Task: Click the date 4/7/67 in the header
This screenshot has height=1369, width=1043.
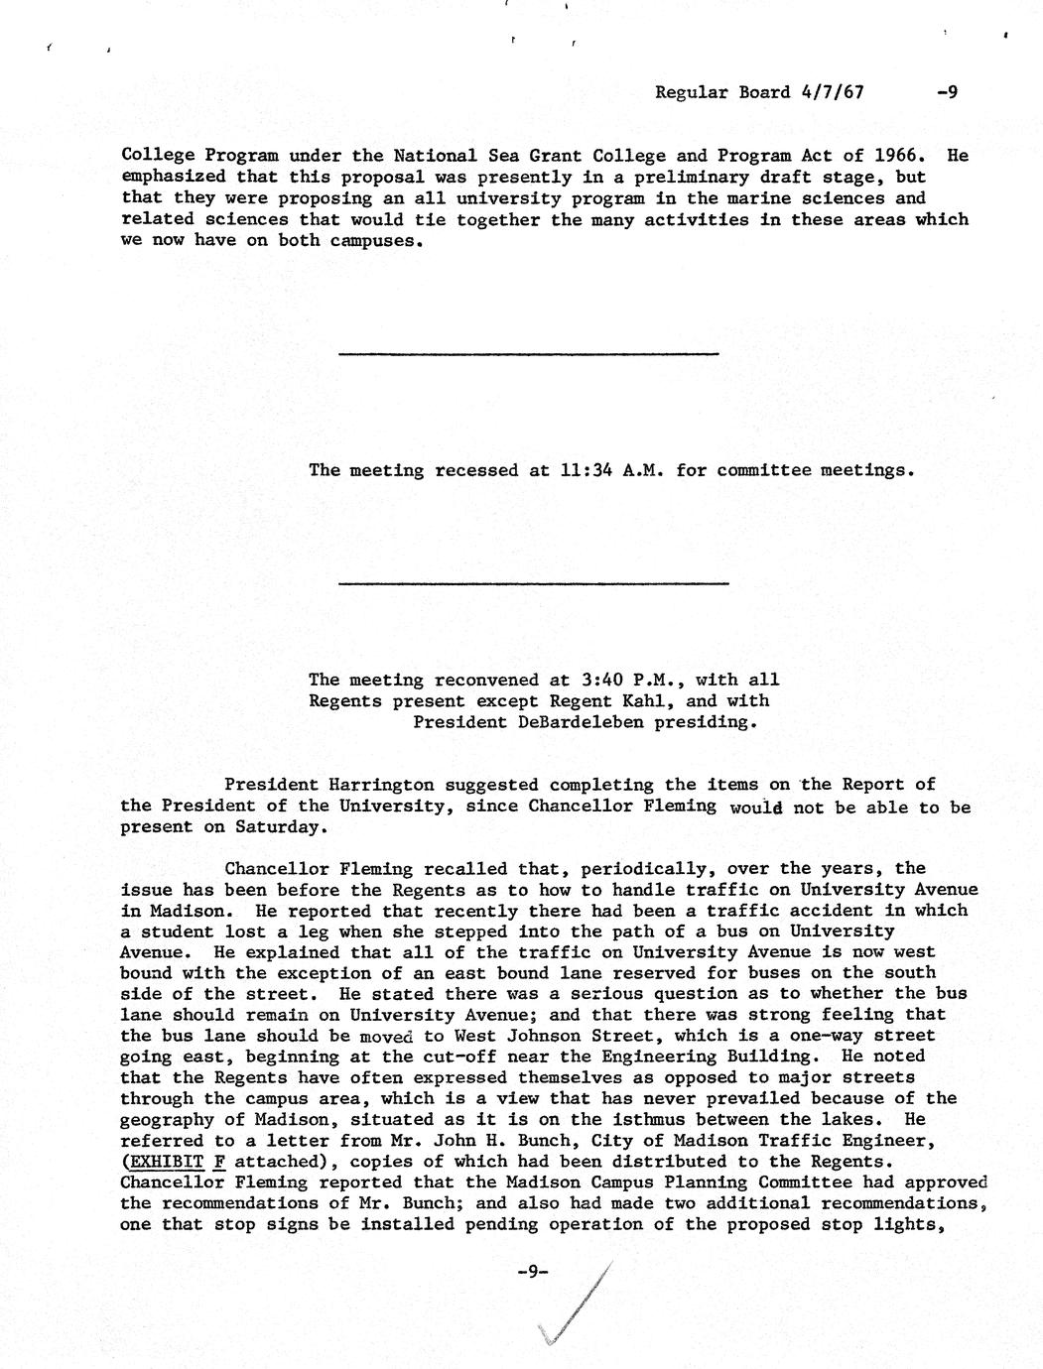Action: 831,92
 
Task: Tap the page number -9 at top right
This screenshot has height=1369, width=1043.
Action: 946,92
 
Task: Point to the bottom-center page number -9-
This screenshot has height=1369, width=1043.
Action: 533,1271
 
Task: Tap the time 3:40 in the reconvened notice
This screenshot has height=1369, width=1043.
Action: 601,680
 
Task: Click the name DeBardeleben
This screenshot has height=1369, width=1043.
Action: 581,722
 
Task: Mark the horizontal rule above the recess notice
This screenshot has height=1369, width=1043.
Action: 528,353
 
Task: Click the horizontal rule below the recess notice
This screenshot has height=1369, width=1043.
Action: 533,583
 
